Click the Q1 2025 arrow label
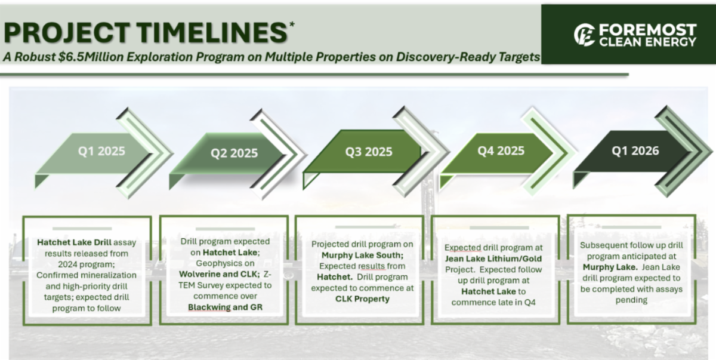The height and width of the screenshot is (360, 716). coord(101,151)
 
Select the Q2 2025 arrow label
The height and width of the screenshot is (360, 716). coord(234,153)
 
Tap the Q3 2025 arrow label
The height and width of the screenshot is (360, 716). coord(369,152)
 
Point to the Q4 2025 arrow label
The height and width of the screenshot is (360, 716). coord(501,150)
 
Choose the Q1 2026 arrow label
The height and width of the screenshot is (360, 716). coord(635,150)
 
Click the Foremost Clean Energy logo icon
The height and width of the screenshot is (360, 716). coord(584,35)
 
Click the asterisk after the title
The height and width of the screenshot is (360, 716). coord(292,24)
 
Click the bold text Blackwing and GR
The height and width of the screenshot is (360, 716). coord(225,307)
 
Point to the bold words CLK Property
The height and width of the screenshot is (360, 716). coord(363,299)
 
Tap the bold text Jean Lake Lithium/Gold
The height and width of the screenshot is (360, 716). coord(493,259)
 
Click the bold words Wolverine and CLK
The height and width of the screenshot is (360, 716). coord(220,274)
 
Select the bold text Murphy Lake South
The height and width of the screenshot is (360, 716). coord(363,255)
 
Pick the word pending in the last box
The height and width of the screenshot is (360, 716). coord(631,300)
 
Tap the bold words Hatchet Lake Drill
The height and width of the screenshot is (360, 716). coord(74,242)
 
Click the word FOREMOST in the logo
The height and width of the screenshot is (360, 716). coord(647,30)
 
